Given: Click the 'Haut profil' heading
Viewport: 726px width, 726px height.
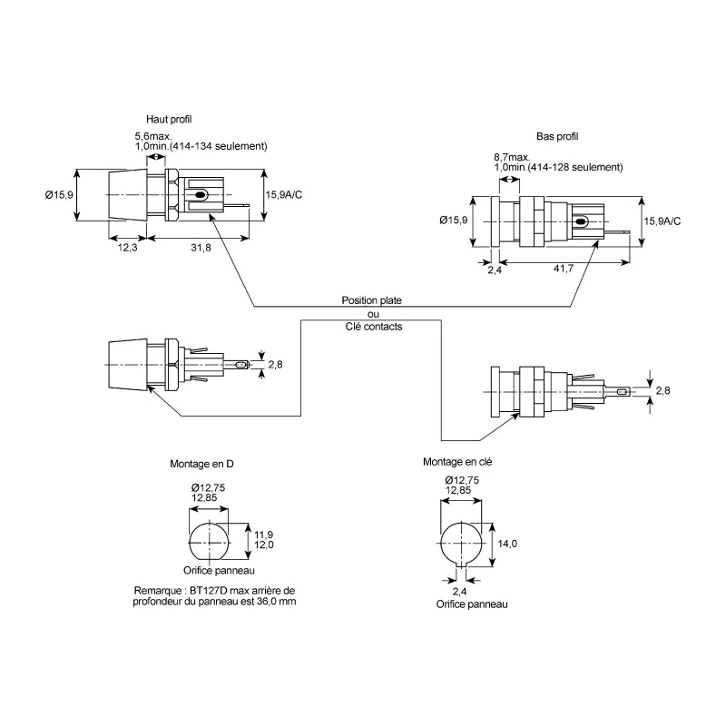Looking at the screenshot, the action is point(169,120).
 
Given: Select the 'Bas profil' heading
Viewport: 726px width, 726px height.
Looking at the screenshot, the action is point(557,137).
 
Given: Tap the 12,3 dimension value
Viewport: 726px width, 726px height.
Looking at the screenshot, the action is point(127,248).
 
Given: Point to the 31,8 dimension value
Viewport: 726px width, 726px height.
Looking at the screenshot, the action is point(201,248).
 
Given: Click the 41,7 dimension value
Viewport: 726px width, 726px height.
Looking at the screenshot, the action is point(564,268).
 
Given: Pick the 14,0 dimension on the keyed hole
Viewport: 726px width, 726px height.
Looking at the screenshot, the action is point(507,544).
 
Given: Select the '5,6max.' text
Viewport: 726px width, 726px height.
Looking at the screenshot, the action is point(153,137).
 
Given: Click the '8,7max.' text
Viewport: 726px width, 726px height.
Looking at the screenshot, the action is point(512,157).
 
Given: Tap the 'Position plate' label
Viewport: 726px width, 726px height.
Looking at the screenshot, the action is point(372,300).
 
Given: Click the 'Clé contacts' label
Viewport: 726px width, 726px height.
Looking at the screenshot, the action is point(374,327).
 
